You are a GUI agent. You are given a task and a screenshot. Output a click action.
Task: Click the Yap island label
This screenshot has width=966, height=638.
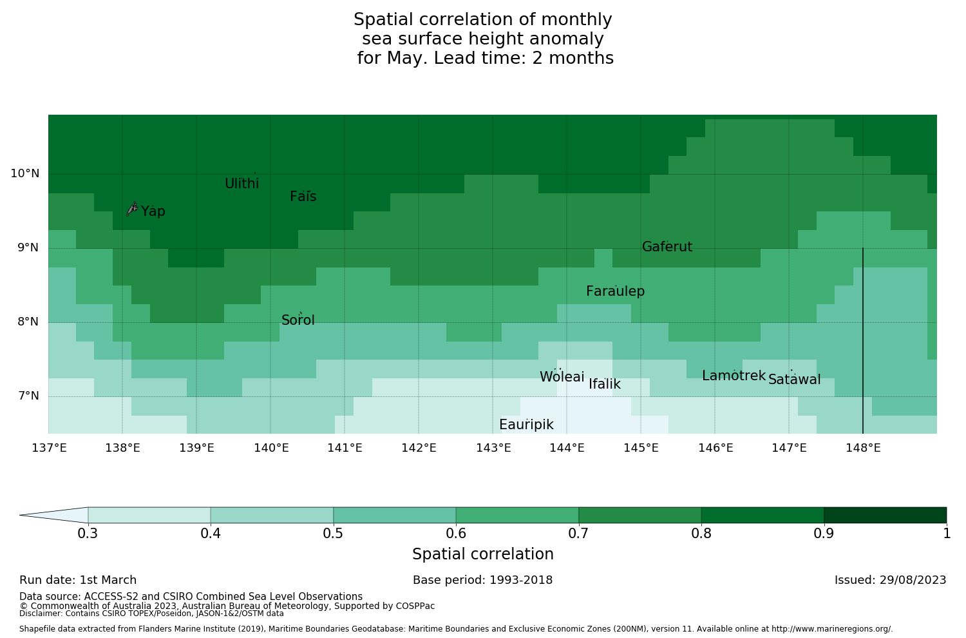(x=153, y=211)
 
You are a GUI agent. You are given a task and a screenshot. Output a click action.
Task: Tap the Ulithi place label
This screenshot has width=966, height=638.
(x=242, y=184)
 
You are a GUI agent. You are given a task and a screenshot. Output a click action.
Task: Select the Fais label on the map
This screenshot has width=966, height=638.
(x=303, y=197)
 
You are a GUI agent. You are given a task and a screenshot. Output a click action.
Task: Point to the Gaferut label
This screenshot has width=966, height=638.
(x=667, y=247)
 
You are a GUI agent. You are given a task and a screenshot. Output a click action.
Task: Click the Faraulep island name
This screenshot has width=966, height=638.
(x=615, y=291)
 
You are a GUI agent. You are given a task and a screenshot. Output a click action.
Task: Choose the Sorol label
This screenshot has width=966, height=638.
(x=298, y=320)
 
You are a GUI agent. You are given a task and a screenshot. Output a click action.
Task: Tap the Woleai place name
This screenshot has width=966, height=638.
(x=562, y=377)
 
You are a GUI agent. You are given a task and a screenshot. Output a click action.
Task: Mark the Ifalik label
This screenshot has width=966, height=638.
(x=605, y=385)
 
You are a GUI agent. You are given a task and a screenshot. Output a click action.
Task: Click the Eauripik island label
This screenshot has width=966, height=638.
(x=526, y=425)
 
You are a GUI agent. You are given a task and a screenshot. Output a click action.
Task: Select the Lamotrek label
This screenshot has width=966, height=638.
(x=734, y=376)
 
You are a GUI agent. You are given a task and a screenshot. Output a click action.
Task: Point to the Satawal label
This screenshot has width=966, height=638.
(x=795, y=380)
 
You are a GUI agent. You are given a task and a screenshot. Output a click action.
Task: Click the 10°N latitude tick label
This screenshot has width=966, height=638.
(x=24, y=173)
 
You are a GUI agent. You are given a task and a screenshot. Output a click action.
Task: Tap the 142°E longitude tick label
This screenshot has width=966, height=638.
(x=419, y=447)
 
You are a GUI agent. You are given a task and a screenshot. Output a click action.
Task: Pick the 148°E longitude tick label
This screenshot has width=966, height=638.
(x=864, y=447)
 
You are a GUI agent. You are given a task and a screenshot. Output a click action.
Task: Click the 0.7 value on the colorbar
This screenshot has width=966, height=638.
(x=578, y=534)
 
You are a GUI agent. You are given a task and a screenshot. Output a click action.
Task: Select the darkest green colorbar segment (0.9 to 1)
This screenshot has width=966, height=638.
(x=885, y=515)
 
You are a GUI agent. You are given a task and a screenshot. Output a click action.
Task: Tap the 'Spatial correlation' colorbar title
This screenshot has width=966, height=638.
(x=483, y=554)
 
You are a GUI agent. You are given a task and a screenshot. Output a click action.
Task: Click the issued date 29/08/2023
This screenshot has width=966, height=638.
(x=914, y=580)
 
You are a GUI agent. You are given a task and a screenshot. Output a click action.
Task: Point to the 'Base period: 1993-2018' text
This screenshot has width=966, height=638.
(x=483, y=580)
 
